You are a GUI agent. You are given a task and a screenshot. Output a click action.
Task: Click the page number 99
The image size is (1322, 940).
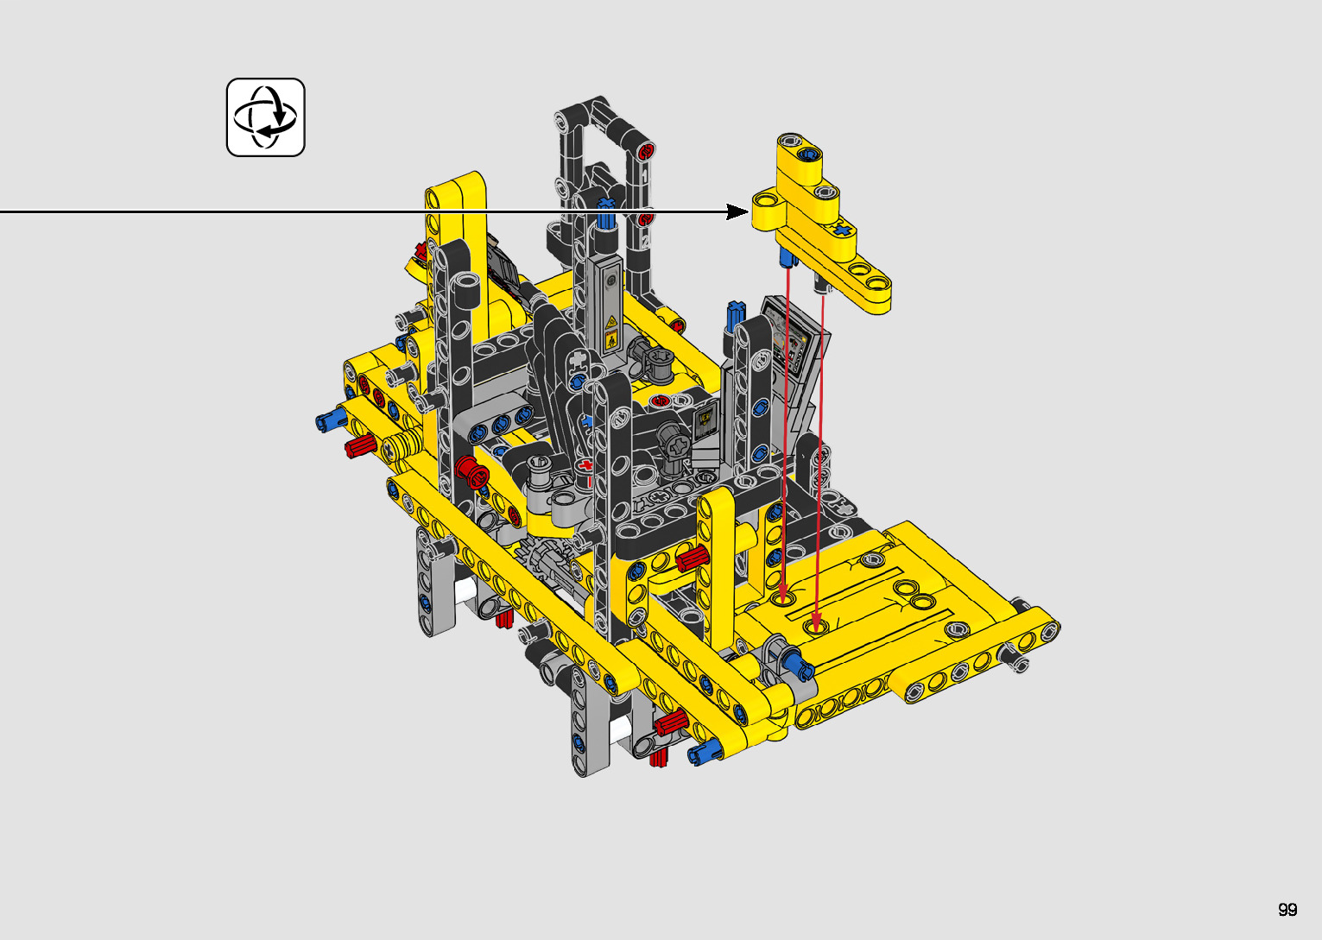[x=1287, y=909]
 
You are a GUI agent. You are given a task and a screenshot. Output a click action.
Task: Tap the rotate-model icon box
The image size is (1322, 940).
[x=266, y=117]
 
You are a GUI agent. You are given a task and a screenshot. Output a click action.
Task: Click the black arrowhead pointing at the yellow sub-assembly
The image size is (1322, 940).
[x=737, y=211]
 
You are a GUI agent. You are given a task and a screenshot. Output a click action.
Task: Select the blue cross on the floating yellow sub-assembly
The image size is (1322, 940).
[x=844, y=230]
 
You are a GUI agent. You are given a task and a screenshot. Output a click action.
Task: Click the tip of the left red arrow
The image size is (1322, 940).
[x=784, y=600]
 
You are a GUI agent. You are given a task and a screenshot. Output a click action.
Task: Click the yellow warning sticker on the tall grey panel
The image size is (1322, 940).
[x=610, y=333]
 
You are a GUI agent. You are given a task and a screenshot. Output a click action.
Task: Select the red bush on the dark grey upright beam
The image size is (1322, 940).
[x=471, y=471]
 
